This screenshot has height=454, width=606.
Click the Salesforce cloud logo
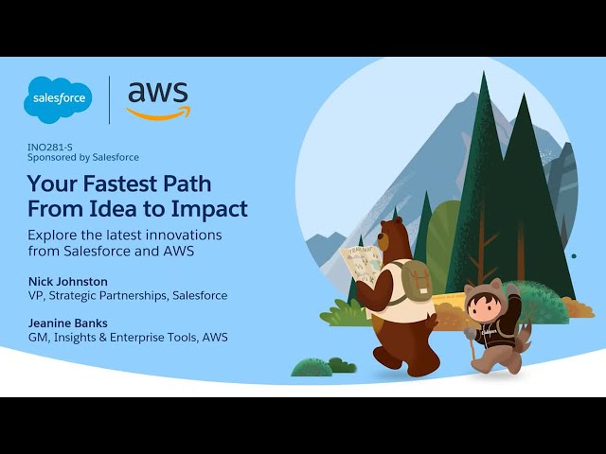58,99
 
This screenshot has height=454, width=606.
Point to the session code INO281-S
50,148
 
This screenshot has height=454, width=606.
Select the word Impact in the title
209,210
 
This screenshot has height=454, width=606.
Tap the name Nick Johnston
68,282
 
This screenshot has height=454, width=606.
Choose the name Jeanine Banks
68,323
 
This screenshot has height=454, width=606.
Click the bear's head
392,236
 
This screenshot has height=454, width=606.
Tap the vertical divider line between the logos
110,100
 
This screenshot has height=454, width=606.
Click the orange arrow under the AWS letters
158,113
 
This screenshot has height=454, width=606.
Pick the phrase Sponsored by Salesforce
83,158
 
